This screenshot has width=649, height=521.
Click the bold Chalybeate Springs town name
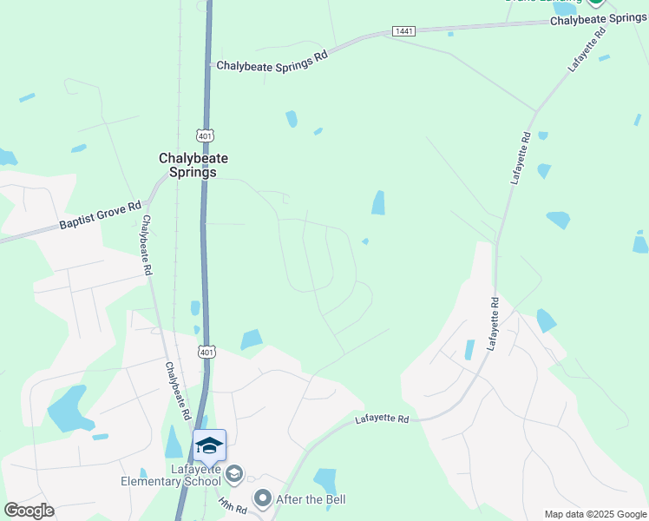(x=187, y=165)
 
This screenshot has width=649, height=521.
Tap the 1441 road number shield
(x=403, y=31)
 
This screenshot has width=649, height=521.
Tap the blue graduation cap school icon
(x=209, y=445)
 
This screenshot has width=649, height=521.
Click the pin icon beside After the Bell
(x=263, y=498)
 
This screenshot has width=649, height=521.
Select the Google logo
(x=29, y=511)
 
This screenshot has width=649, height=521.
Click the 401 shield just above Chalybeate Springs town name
(x=205, y=136)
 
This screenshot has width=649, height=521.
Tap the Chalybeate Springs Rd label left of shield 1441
(x=272, y=62)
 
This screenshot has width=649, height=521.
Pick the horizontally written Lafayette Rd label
(x=382, y=419)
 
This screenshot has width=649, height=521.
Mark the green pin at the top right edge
(x=595, y=3)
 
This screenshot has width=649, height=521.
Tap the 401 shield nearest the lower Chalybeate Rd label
(x=206, y=352)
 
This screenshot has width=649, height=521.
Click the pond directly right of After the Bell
(x=325, y=480)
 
